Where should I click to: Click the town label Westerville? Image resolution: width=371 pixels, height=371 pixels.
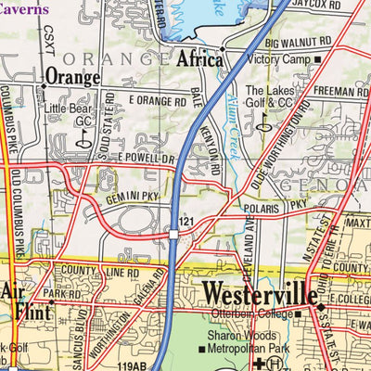pos(259,294)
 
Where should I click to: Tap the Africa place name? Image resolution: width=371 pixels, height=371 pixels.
pos(200,60)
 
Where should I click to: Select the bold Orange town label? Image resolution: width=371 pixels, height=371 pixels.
pos(72,76)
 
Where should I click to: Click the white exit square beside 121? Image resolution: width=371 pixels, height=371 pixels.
pos(173,235)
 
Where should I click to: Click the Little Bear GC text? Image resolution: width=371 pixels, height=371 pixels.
pos(71,115)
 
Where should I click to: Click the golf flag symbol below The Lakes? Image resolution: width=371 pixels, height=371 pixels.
pos(264,122)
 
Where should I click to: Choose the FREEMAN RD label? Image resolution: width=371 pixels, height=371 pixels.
pos(339,92)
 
